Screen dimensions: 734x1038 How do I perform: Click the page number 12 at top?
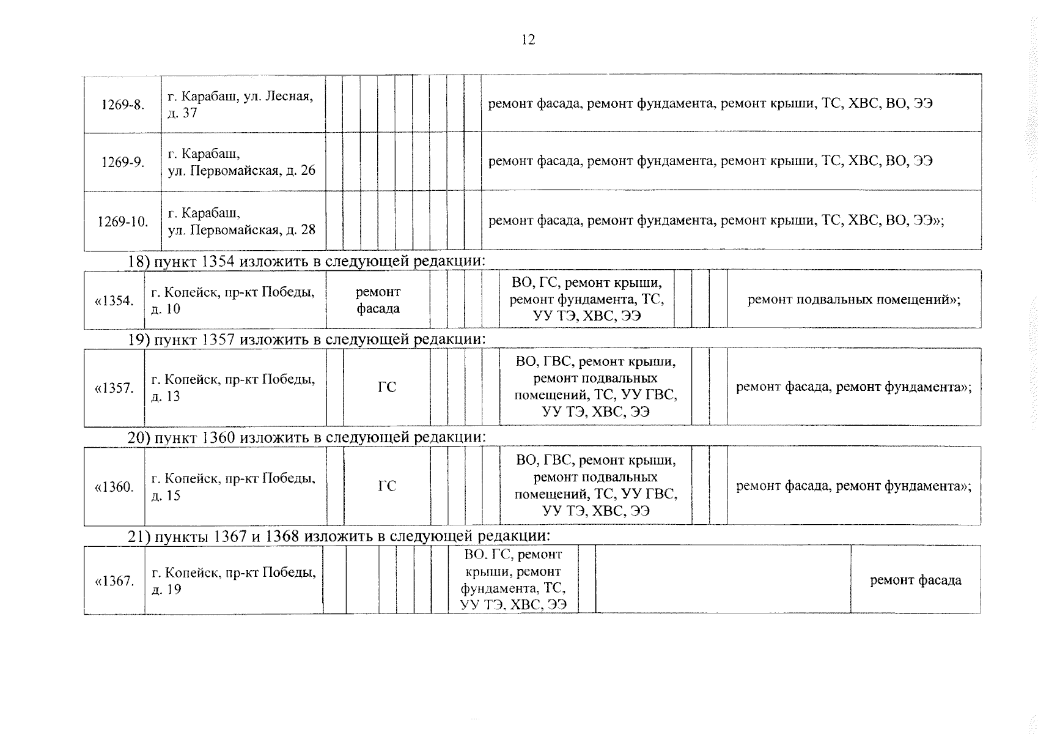coord(528,40)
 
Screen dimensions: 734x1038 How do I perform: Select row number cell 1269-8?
coord(123,105)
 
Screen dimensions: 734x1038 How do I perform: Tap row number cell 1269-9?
coord(123,163)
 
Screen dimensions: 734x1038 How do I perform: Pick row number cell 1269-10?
coord(123,221)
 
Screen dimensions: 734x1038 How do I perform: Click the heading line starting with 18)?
coord(306,261)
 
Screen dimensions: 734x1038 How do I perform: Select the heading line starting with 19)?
coord(306,339)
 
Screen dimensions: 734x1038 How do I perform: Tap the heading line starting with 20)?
coord(306,438)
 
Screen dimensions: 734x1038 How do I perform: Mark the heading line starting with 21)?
coord(339,536)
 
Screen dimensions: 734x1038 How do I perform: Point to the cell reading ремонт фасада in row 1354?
coord(378,300)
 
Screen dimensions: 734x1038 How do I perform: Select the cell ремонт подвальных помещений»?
coord(853,300)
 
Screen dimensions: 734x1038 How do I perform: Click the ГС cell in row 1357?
coord(387,387)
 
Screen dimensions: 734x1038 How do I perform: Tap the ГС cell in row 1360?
coord(387,486)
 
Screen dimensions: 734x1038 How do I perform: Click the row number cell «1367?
coord(114,581)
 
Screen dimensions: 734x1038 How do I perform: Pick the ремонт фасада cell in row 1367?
coord(915,580)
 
